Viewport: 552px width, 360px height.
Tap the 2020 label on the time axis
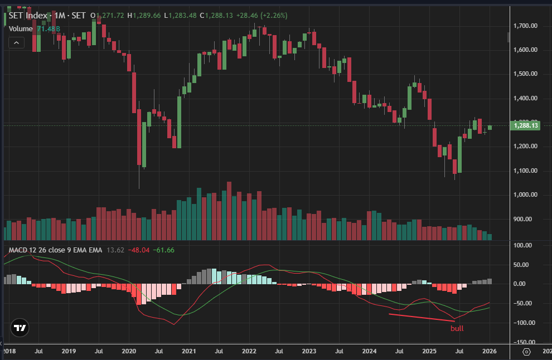click(129, 352)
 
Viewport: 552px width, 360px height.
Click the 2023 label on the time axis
click(309, 352)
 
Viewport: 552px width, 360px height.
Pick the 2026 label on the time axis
click(489, 352)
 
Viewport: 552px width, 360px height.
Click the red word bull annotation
click(457, 328)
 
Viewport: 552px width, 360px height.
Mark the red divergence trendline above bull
click(422, 318)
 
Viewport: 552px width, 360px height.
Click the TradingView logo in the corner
click(21, 328)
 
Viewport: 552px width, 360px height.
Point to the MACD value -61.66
click(164, 250)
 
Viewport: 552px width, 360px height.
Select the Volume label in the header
click(21, 28)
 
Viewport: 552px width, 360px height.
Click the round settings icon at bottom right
click(526, 352)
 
